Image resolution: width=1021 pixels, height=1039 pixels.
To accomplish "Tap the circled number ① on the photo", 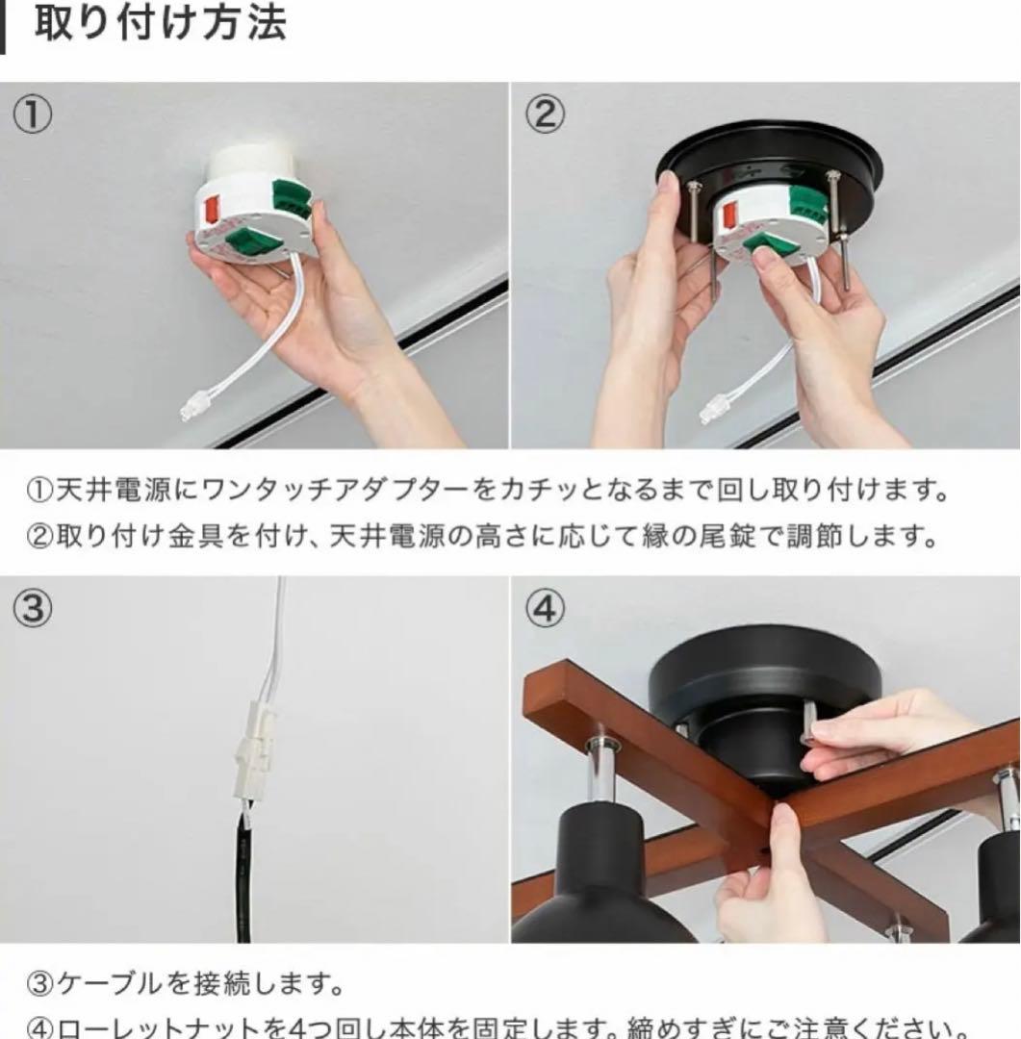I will (32, 115).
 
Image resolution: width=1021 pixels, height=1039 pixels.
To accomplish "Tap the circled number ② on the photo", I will (545, 115).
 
